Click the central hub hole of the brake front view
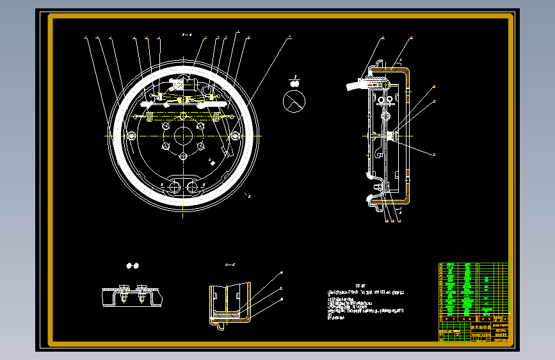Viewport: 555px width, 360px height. coord(184,136)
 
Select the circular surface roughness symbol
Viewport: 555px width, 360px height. coord(294,101)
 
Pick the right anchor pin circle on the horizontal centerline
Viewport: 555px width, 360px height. coord(236,136)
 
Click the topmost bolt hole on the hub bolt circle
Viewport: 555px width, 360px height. coord(184,116)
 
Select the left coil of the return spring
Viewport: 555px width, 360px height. coord(148,116)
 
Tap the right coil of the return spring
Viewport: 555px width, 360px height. coord(220,116)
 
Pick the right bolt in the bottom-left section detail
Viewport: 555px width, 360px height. coord(141,293)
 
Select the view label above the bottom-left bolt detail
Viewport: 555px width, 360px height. coord(133,265)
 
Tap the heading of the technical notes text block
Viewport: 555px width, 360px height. coord(359,286)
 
